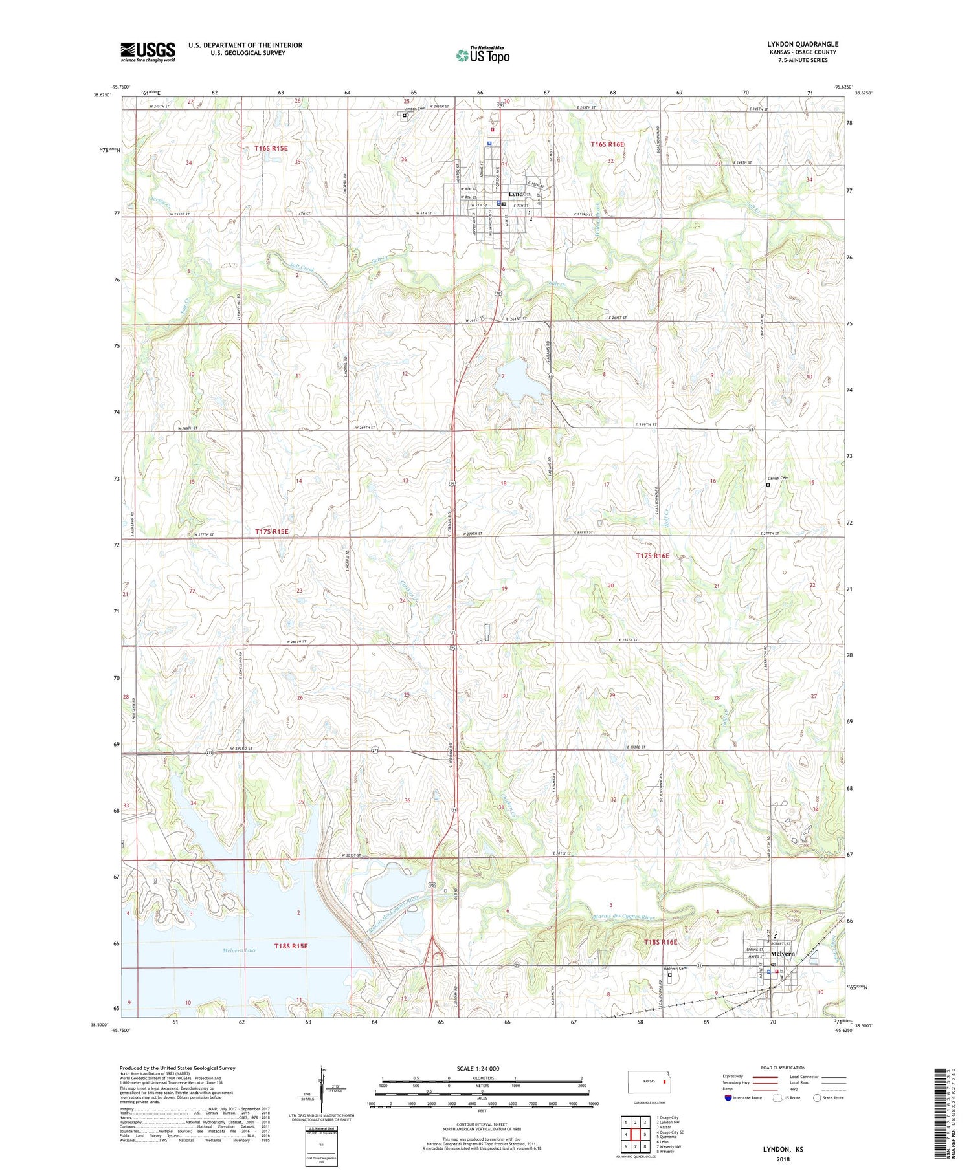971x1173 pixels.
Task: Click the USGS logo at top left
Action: coord(148,52)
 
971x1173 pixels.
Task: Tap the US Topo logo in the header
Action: coord(482,56)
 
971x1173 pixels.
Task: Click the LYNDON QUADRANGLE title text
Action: coord(802,44)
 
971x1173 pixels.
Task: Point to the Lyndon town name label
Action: coord(519,194)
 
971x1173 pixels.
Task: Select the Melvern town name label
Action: coord(782,954)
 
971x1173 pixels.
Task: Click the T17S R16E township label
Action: coord(652,556)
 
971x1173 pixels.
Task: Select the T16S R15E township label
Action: coord(271,148)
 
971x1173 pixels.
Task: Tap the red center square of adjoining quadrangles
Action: coord(636,1134)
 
